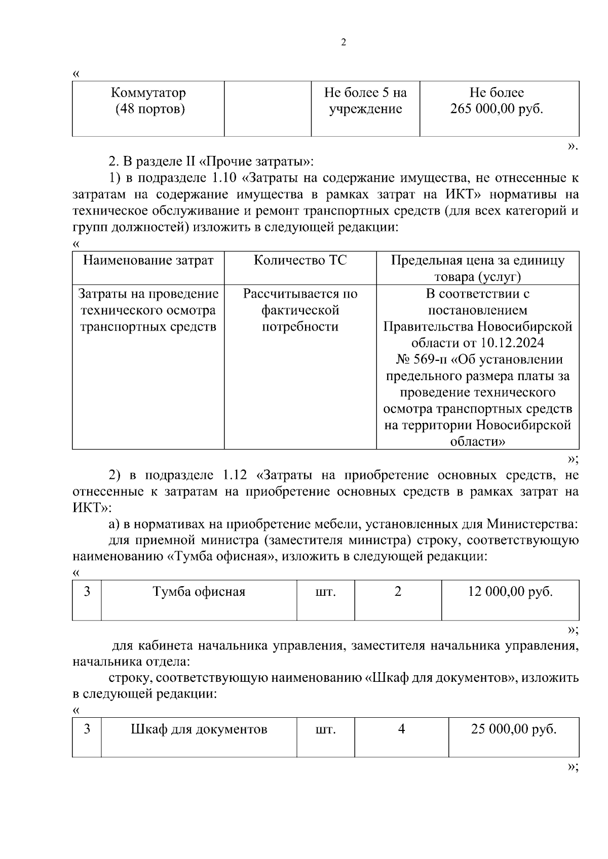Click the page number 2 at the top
coord(344,43)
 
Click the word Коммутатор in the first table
coord(148,93)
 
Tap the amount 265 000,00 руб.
coord(497,109)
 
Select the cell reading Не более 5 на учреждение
coord(365,101)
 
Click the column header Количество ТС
coord(300,260)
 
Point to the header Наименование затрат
coord(148,260)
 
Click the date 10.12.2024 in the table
coord(512,343)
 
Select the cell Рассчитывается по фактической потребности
coord(300,310)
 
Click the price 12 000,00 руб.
coord(510,591)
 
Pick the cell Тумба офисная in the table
coord(199,591)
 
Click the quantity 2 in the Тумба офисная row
coord(398,591)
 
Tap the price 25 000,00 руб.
coord(514,729)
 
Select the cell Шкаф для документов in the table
coord(199,729)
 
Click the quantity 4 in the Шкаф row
coord(401,729)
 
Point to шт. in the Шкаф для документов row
coord(325,729)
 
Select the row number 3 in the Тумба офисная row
coord(87,591)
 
